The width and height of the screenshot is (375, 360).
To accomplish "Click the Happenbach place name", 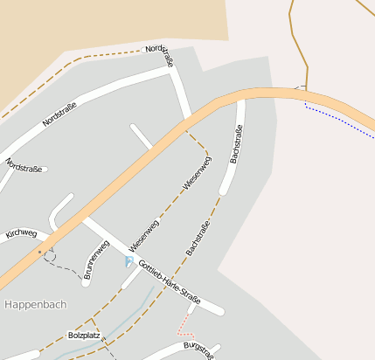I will pyautogui.click(x=35, y=304).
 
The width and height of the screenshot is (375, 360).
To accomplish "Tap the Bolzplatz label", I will pyautogui.click(x=84, y=335).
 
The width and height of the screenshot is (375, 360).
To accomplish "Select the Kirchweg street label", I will pyautogui.click(x=21, y=233).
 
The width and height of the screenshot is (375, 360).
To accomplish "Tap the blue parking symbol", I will pyautogui.click(x=130, y=261).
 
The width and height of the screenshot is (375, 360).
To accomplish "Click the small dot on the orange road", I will pyautogui.click(x=39, y=252).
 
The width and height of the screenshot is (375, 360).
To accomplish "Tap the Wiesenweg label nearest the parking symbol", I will pyautogui.click(x=144, y=234).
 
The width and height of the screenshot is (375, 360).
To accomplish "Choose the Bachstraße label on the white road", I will pyautogui.click(x=235, y=144).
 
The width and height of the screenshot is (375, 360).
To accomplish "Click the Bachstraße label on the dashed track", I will pyautogui.click(x=198, y=239).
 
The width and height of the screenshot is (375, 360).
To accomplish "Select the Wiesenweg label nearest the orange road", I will pyautogui.click(x=197, y=173).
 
